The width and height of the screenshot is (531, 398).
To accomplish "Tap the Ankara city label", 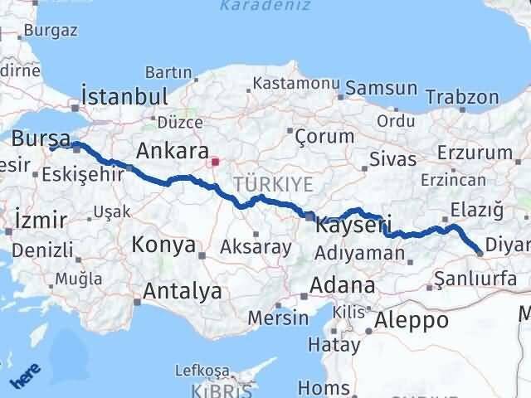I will tap(172, 151).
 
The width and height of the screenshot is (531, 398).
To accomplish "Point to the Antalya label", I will tap(183, 291).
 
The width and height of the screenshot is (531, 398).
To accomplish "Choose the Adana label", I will tap(342, 286).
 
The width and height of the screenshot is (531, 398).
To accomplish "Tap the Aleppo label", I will tap(412, 319).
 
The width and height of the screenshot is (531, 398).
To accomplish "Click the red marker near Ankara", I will tap(216, 162).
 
